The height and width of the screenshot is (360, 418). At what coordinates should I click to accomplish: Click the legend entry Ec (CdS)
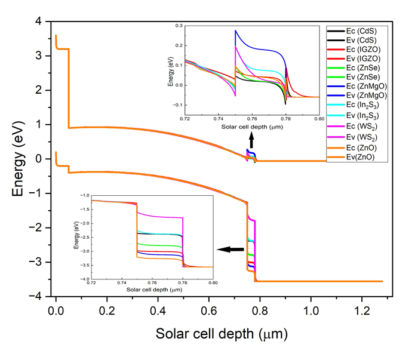364,30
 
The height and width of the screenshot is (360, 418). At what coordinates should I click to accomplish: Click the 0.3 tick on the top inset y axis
177,26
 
